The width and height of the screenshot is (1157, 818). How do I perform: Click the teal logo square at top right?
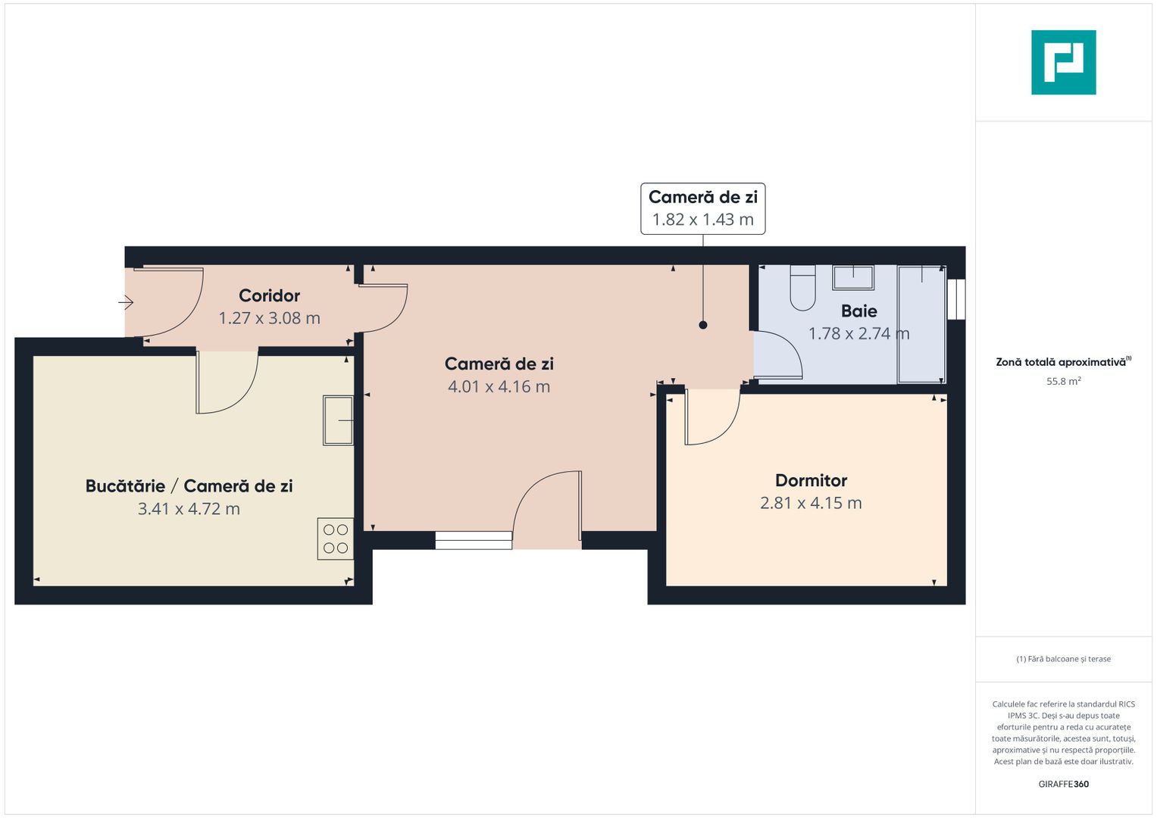(x=1063, y=62)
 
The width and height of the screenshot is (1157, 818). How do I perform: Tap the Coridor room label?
(x=269, y=295)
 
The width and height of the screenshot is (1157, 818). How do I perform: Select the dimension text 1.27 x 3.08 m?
(x=269, y=318)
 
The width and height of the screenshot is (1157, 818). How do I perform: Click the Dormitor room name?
(x=811, y=480)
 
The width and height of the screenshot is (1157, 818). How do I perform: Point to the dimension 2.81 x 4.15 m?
(x=811, y=503)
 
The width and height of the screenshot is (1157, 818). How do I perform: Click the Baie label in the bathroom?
(x=858, y=311)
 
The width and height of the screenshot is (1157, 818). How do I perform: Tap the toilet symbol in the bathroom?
(x=802, y=289)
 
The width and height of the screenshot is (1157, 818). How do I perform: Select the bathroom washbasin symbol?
(x=853, y=277)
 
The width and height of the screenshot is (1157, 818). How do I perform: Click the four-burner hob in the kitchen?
(x=336, y=539)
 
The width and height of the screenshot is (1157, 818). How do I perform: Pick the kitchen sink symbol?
(x=338, y=420)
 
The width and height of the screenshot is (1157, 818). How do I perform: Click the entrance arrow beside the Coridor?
(x=126, y=302)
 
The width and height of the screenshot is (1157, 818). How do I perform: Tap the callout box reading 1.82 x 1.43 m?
(x=702, y=208)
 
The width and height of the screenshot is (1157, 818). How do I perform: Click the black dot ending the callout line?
(x=703, y=325)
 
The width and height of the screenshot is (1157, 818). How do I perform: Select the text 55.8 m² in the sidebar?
(x=1063, y=381)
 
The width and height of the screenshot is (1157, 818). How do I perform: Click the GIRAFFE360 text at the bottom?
(x=1063, y=784)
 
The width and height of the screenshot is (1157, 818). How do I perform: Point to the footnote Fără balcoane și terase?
(x=1063, y=659)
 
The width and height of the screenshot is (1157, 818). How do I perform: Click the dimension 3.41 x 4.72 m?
(x=189, y=509)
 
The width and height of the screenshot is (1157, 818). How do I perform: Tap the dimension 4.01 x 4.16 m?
(x=499, y=386)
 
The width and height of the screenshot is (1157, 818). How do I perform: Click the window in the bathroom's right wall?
(x=957, y=299)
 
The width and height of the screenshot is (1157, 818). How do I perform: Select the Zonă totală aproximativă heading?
(x=1061, y=362)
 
